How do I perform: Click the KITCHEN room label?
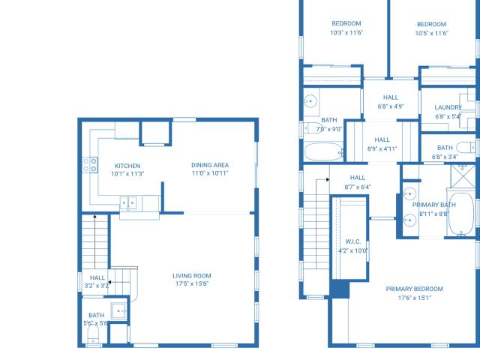[127, 166]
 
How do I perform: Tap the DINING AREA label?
[210, 165]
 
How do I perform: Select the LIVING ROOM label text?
[192, 276]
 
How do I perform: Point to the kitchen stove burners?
[90, 165]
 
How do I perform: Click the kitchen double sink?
[128, 203]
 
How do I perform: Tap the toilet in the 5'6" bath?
[93, 334]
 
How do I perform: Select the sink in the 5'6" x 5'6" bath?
[118, 311]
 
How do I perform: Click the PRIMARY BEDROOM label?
[414, 289]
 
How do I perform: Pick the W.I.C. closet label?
[353, 241]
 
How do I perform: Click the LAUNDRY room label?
[448, 107]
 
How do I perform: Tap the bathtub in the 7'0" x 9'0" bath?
[323, 151]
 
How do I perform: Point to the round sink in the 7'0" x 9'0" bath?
[310, 101]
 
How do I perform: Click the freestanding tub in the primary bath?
[461, 214]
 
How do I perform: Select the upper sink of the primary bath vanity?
[409, 194]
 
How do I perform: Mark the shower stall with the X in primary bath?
[463, 176]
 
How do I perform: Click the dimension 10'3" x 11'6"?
[346, 32]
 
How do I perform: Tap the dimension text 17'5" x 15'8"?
[192, 283]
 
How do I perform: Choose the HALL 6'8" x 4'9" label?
[391, 102]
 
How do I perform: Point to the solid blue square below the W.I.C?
[340, 289]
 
